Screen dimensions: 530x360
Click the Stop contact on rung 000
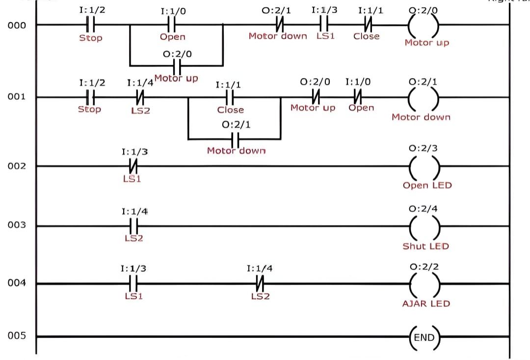[90, 25]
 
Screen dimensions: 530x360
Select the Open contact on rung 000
[172, 25]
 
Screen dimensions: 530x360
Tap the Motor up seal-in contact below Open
[177, 66]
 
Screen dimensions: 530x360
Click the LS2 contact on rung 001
[140, 97]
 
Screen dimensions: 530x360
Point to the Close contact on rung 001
[230, 97]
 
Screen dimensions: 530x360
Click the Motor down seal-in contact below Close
[235, 139]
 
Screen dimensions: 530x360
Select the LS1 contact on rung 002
[133, 166]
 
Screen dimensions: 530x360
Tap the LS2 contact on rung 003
[134, 226]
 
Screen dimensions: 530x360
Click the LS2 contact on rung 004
[260, 283]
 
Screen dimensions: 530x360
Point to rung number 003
[17, 225]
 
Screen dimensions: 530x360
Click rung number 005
[17, 335]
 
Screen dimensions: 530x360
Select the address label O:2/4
[423, 209]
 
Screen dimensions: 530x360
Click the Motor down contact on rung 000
[280, 25]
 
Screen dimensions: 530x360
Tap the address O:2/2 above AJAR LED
[424, 267]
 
